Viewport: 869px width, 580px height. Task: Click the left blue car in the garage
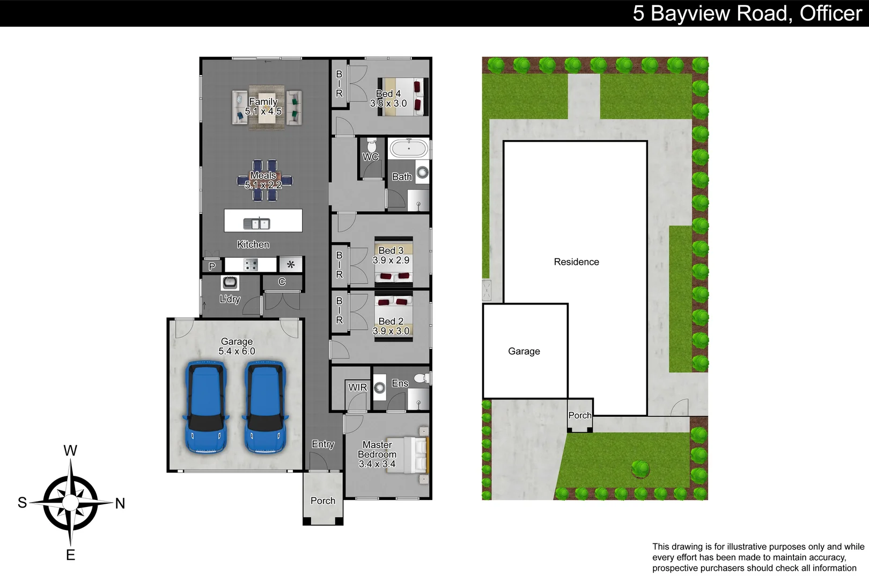pos(206,407)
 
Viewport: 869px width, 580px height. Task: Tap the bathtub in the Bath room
pos(409,148)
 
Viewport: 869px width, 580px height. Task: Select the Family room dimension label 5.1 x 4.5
pos(263,111)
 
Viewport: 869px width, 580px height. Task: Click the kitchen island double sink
pos(256,223)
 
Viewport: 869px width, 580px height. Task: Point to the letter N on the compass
pos(120,503)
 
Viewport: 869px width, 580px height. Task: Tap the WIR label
pos(357,387)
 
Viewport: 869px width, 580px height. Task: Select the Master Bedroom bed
pos(414,454)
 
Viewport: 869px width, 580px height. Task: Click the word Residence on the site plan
pos(576,262)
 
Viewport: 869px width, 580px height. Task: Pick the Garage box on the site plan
pos(525,351)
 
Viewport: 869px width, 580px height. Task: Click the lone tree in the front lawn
pos(640,468)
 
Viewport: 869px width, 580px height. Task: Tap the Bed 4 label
pos(388,93)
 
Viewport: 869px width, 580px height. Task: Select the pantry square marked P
pos(212,266)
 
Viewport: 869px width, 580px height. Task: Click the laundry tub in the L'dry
pos(230,282)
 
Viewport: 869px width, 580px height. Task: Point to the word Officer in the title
pos(830,13)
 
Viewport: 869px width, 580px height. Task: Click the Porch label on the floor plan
pos(323,501)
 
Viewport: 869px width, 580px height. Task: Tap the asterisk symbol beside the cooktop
pos(291,264)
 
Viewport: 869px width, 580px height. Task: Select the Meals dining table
pos(264,180)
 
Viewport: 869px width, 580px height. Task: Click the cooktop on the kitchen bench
pos(251,264)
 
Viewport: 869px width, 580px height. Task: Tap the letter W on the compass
pos(70,450)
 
